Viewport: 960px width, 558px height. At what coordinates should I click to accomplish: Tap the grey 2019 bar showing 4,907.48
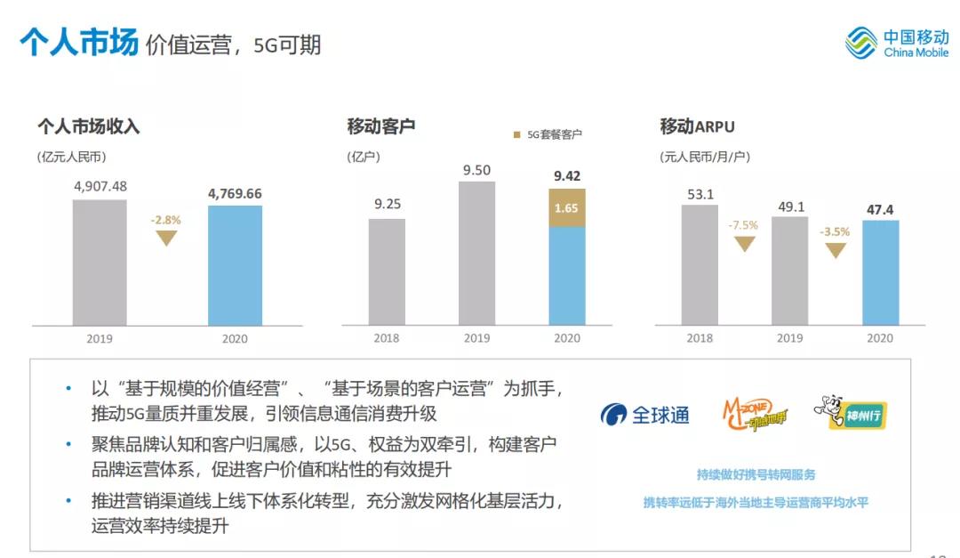pos(100,262)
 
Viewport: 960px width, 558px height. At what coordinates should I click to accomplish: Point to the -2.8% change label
pos(165,219)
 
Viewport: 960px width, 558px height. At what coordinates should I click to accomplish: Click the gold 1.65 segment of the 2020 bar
pos(567,208)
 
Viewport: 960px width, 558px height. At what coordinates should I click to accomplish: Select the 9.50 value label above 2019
pos(476,170)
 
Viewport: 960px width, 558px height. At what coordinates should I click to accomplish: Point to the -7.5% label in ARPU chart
pos(743,225)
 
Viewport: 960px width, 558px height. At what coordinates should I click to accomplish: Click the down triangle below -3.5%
pos(835,251)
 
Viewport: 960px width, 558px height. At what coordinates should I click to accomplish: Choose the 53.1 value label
pos(700,193)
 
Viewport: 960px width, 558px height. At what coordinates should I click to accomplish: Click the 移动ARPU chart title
pos(697,126)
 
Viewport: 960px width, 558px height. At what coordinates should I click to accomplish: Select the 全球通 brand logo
pos(645,415)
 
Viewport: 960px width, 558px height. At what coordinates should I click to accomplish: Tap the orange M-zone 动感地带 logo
pos(752,413)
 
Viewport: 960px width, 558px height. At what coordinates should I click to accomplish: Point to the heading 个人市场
pos(79,42)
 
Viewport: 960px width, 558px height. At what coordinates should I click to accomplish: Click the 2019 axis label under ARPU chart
pos(789,338)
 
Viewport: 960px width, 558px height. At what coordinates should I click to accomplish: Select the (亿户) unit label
pos(364,157)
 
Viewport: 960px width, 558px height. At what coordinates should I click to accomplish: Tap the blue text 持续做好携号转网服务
pos(756,474)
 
